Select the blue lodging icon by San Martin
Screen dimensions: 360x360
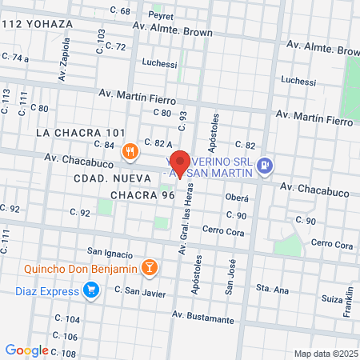266,166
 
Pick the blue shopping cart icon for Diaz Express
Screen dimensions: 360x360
92,290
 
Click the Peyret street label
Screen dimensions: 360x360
161,14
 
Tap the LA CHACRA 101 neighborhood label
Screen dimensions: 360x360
82,132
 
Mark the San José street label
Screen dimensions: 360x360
230,277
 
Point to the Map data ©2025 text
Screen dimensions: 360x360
323,354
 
